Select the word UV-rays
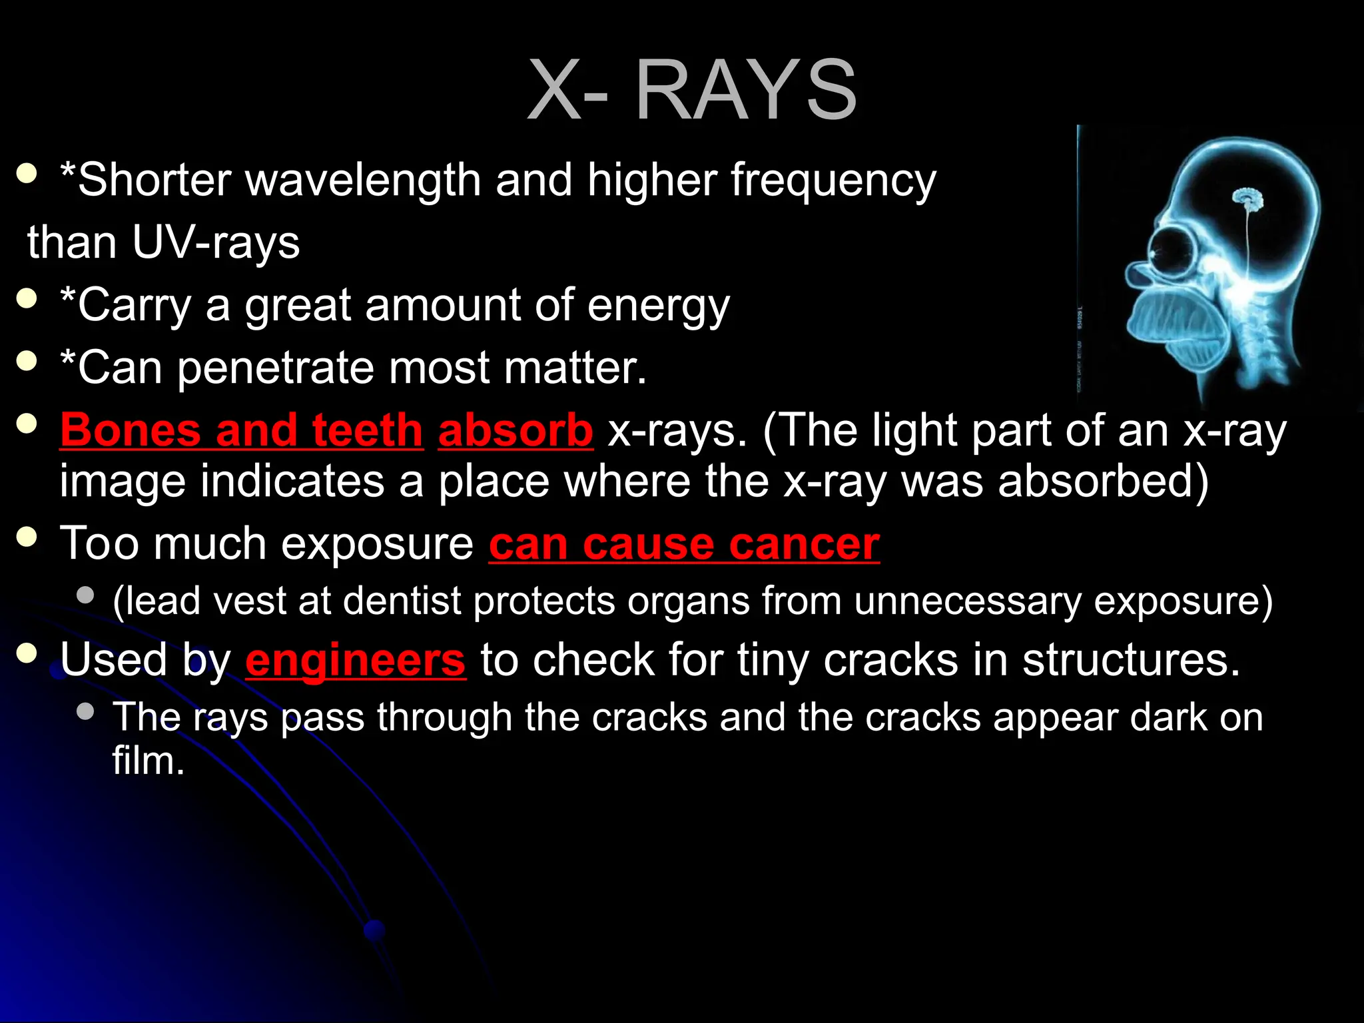216,242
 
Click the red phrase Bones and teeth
241,430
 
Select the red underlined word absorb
515,430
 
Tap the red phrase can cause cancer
683,544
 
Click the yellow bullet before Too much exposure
27,537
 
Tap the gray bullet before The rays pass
85,711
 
